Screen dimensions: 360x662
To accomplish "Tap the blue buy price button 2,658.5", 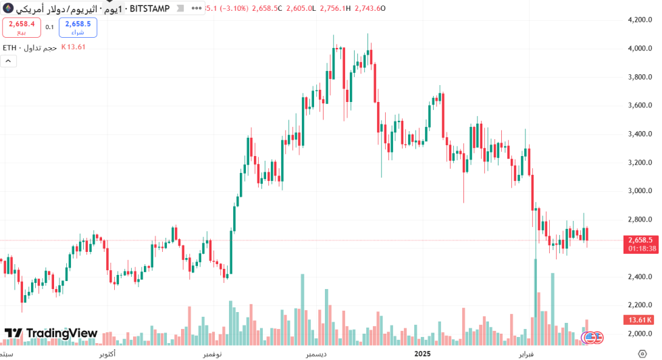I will coord(78,27).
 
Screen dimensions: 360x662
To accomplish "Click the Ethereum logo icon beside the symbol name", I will coord(8,8).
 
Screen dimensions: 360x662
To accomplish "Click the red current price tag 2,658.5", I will coord(640,240).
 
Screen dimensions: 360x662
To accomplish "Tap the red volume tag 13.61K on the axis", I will coord(640,319).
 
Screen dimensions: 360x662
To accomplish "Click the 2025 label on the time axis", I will coord(422,353).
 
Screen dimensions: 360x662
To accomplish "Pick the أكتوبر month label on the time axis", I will coord(107,354).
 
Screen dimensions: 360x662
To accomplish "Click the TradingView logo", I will coord(51,333).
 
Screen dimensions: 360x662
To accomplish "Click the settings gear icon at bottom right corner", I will coord(642,353).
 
